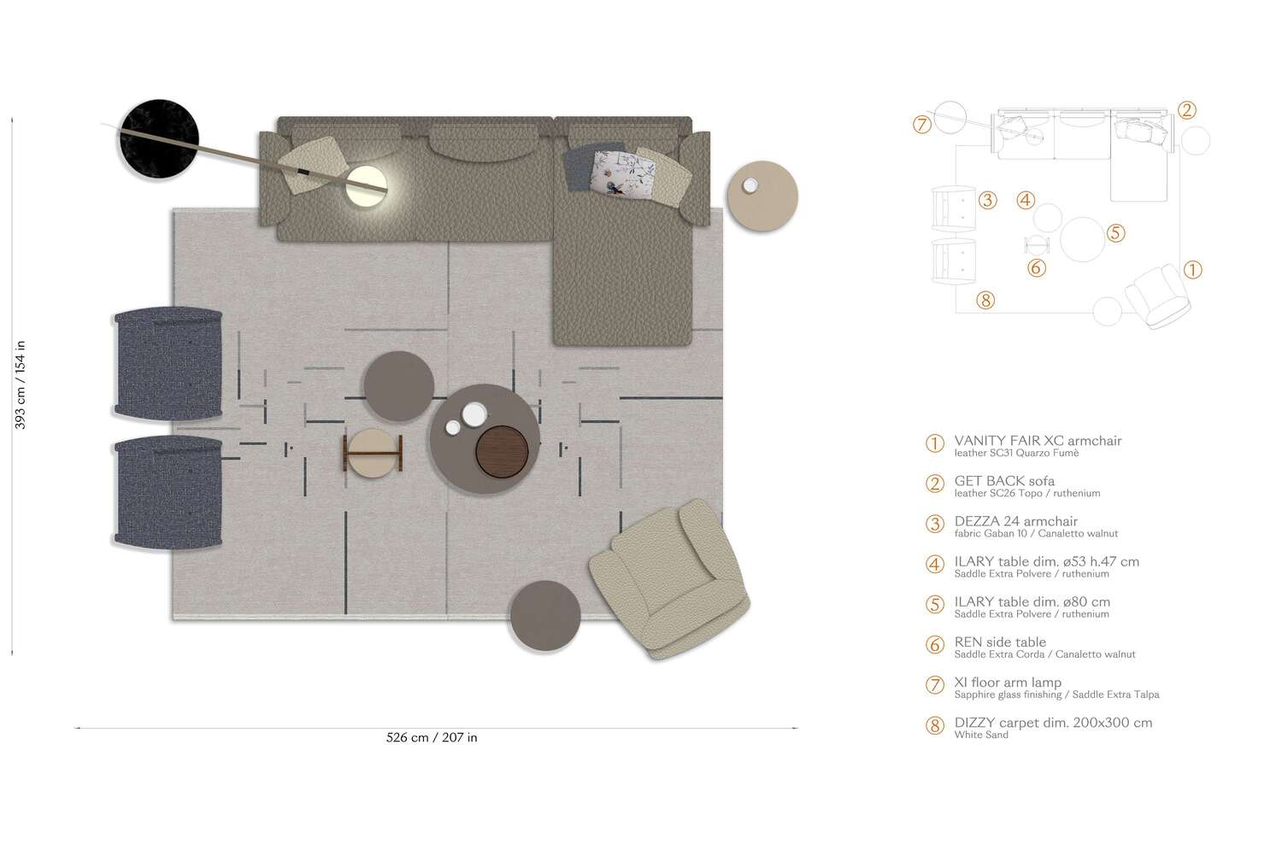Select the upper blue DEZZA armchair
point(169,364)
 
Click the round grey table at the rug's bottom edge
point(545,615)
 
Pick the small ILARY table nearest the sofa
point(398,386)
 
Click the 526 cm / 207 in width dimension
point(432,737)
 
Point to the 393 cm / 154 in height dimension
point(20,384)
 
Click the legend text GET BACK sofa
point(1004,481)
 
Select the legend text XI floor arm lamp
point(1008,683)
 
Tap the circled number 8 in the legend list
point(935,726)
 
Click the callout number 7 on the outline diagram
point(921,125)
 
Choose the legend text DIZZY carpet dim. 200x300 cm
point(1053,723)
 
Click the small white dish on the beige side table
point(750,185)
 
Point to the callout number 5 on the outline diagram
point(1114,233)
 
